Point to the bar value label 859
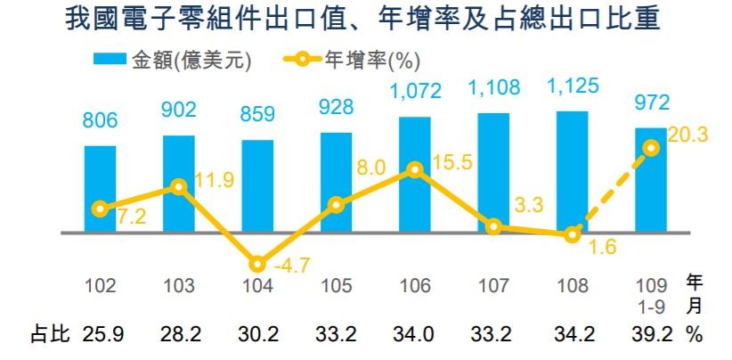coord(257,115)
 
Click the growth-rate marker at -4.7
coord(257,265)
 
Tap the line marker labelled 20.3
coord(651,148)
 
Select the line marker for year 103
coord(178,186)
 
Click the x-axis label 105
coord(336,287)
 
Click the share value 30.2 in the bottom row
coord(257,337)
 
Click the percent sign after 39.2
coord(695,337)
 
